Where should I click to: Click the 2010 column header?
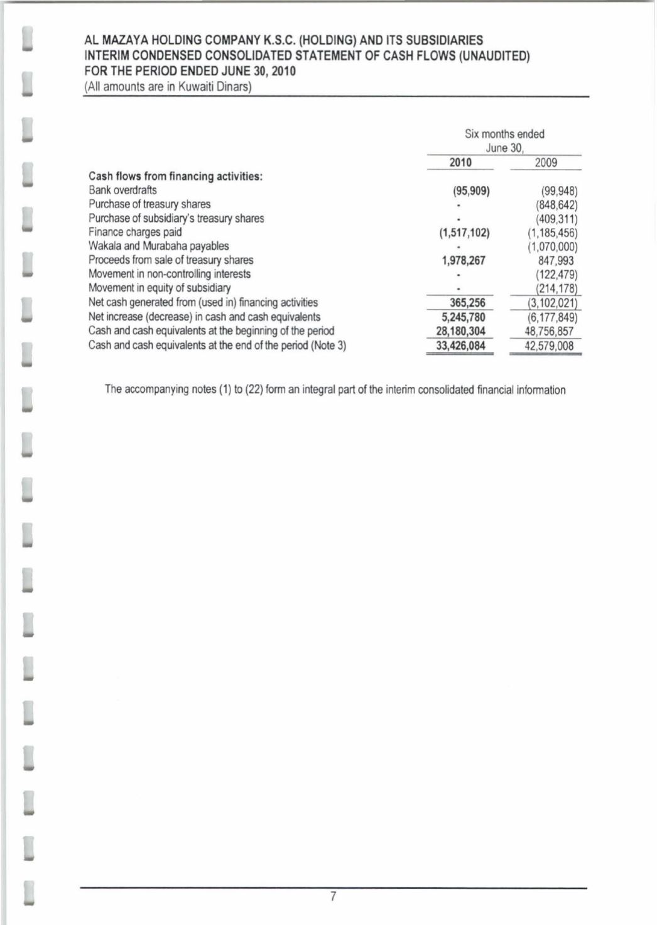click(x=460, y=162)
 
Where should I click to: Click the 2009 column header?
click(x=546, y=162)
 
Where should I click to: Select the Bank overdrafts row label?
click(x=122, y=190)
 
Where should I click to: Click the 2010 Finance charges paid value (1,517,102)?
click(x=464, y=233)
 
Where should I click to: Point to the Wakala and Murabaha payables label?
click(x=158, y=246)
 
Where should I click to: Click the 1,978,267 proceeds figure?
click(x=464, y=260)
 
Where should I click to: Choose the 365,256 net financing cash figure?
click(x=467, y=302)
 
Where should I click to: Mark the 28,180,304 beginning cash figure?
click(x=460, y=331)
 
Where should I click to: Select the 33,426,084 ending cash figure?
click(x=460, y=346)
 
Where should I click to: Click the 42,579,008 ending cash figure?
click(x=549, y=346)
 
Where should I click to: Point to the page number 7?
click(x=334, y=897)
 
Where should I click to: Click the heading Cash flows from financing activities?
click(x=175, y=176)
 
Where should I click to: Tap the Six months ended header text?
click(x=504, y=134)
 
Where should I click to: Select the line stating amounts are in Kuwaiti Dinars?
click(x=168, y=86)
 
